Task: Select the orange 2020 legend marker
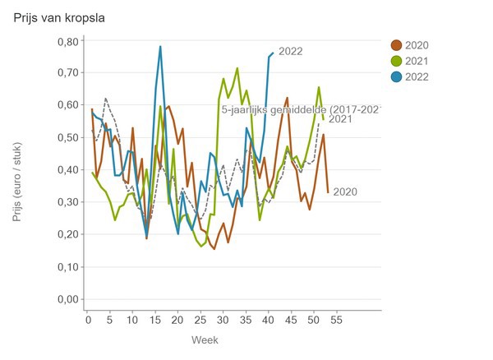(x=396, y=45)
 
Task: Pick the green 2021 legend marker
(x=396, y=61)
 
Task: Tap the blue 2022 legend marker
(x=396, y=76)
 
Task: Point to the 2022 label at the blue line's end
(x=291, y=51)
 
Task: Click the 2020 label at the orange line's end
(x=344, y=192)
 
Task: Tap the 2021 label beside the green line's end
(x=340, y=120)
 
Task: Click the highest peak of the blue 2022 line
(x=160, y=47)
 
